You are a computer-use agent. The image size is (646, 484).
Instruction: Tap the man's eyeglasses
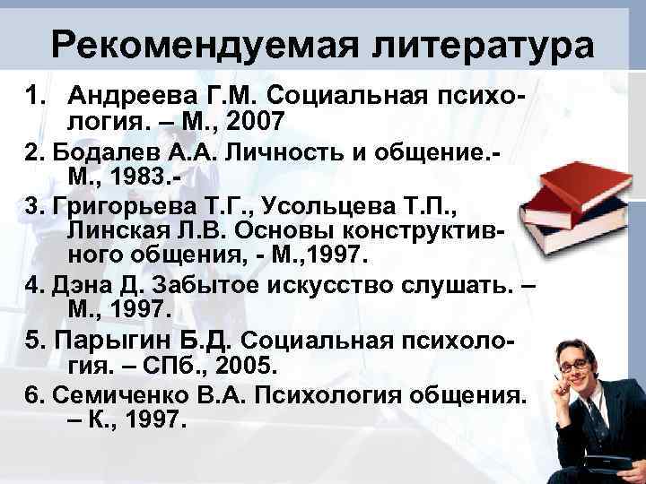point(570,364)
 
